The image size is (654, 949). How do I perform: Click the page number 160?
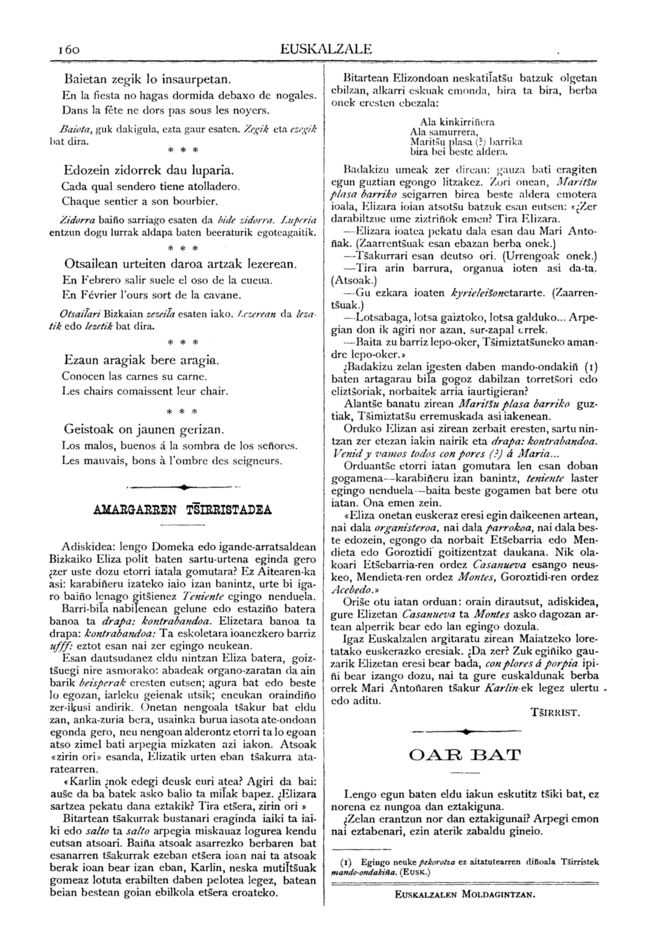[66, 49]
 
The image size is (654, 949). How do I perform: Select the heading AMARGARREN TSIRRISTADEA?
[182, 510]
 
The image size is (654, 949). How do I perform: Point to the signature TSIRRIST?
[555, 713]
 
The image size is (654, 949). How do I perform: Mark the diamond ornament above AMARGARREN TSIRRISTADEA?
[183, 487]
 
